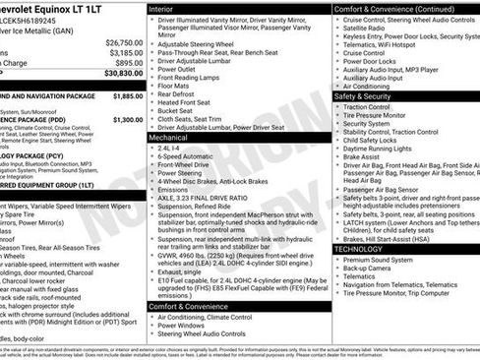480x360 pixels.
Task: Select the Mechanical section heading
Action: [168, 139]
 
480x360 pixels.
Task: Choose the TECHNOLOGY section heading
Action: [358, 249]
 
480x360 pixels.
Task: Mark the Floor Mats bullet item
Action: [176, 87]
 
